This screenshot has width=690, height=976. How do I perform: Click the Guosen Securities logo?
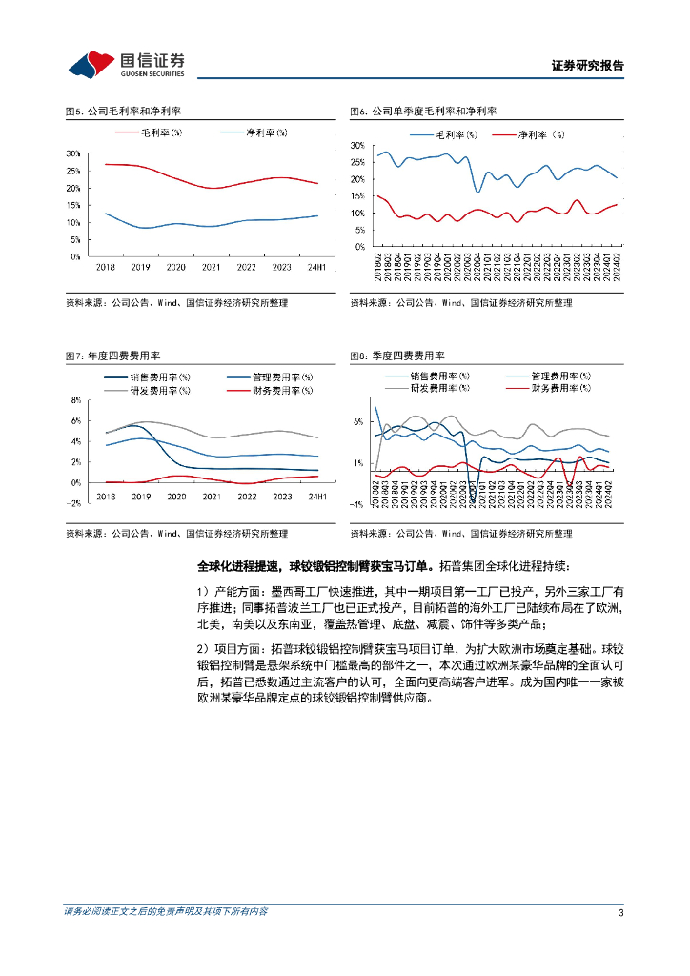[x=126, y=64]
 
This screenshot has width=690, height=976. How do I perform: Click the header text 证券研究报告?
[x=588, y=66]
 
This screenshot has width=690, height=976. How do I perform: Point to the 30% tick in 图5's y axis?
[x=73, y=153]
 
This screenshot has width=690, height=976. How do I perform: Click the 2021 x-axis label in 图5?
[x=212, y=268]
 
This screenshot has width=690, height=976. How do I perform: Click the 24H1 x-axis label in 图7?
[x=316, y=497]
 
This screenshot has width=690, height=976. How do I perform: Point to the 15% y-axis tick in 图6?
[x=357, y=196]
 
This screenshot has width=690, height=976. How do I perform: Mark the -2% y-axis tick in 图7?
[x=75, y=503]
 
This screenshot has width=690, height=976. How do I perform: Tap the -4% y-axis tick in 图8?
[x=357, y=504]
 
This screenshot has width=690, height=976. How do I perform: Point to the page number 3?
[x=620, y=912]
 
